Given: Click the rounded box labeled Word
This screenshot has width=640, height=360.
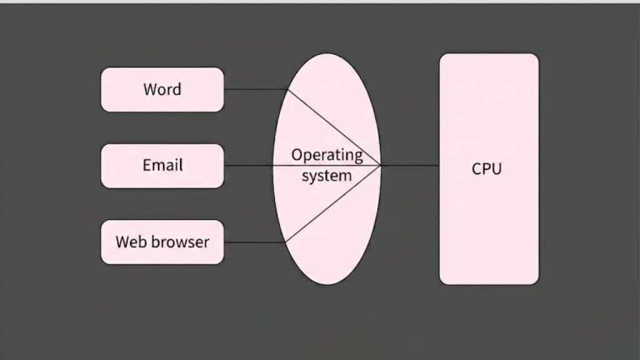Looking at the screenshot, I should (x=162, y=89).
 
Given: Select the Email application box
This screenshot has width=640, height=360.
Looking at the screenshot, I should (x=162, y=166).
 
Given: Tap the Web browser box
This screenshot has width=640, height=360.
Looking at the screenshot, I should (x=162, y=242).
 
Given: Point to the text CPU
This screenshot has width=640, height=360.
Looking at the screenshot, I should (x=487, y=169).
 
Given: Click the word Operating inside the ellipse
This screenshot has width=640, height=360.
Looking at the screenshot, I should (x=327, y=154).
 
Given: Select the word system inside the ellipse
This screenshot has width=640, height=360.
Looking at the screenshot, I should (x=326, y=176).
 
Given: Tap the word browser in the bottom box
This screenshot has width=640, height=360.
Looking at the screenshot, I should (x=178, y=242).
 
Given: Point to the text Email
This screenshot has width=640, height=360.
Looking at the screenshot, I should (x=162, y=166).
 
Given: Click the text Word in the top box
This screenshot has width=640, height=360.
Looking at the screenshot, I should (x=162, y=89).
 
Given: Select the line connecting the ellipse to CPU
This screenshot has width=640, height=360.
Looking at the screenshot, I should (x=410, y=166).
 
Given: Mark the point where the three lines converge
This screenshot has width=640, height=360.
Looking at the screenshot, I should (x=381, y=166).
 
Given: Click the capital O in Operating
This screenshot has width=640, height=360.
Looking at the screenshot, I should (x=297, y=154).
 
